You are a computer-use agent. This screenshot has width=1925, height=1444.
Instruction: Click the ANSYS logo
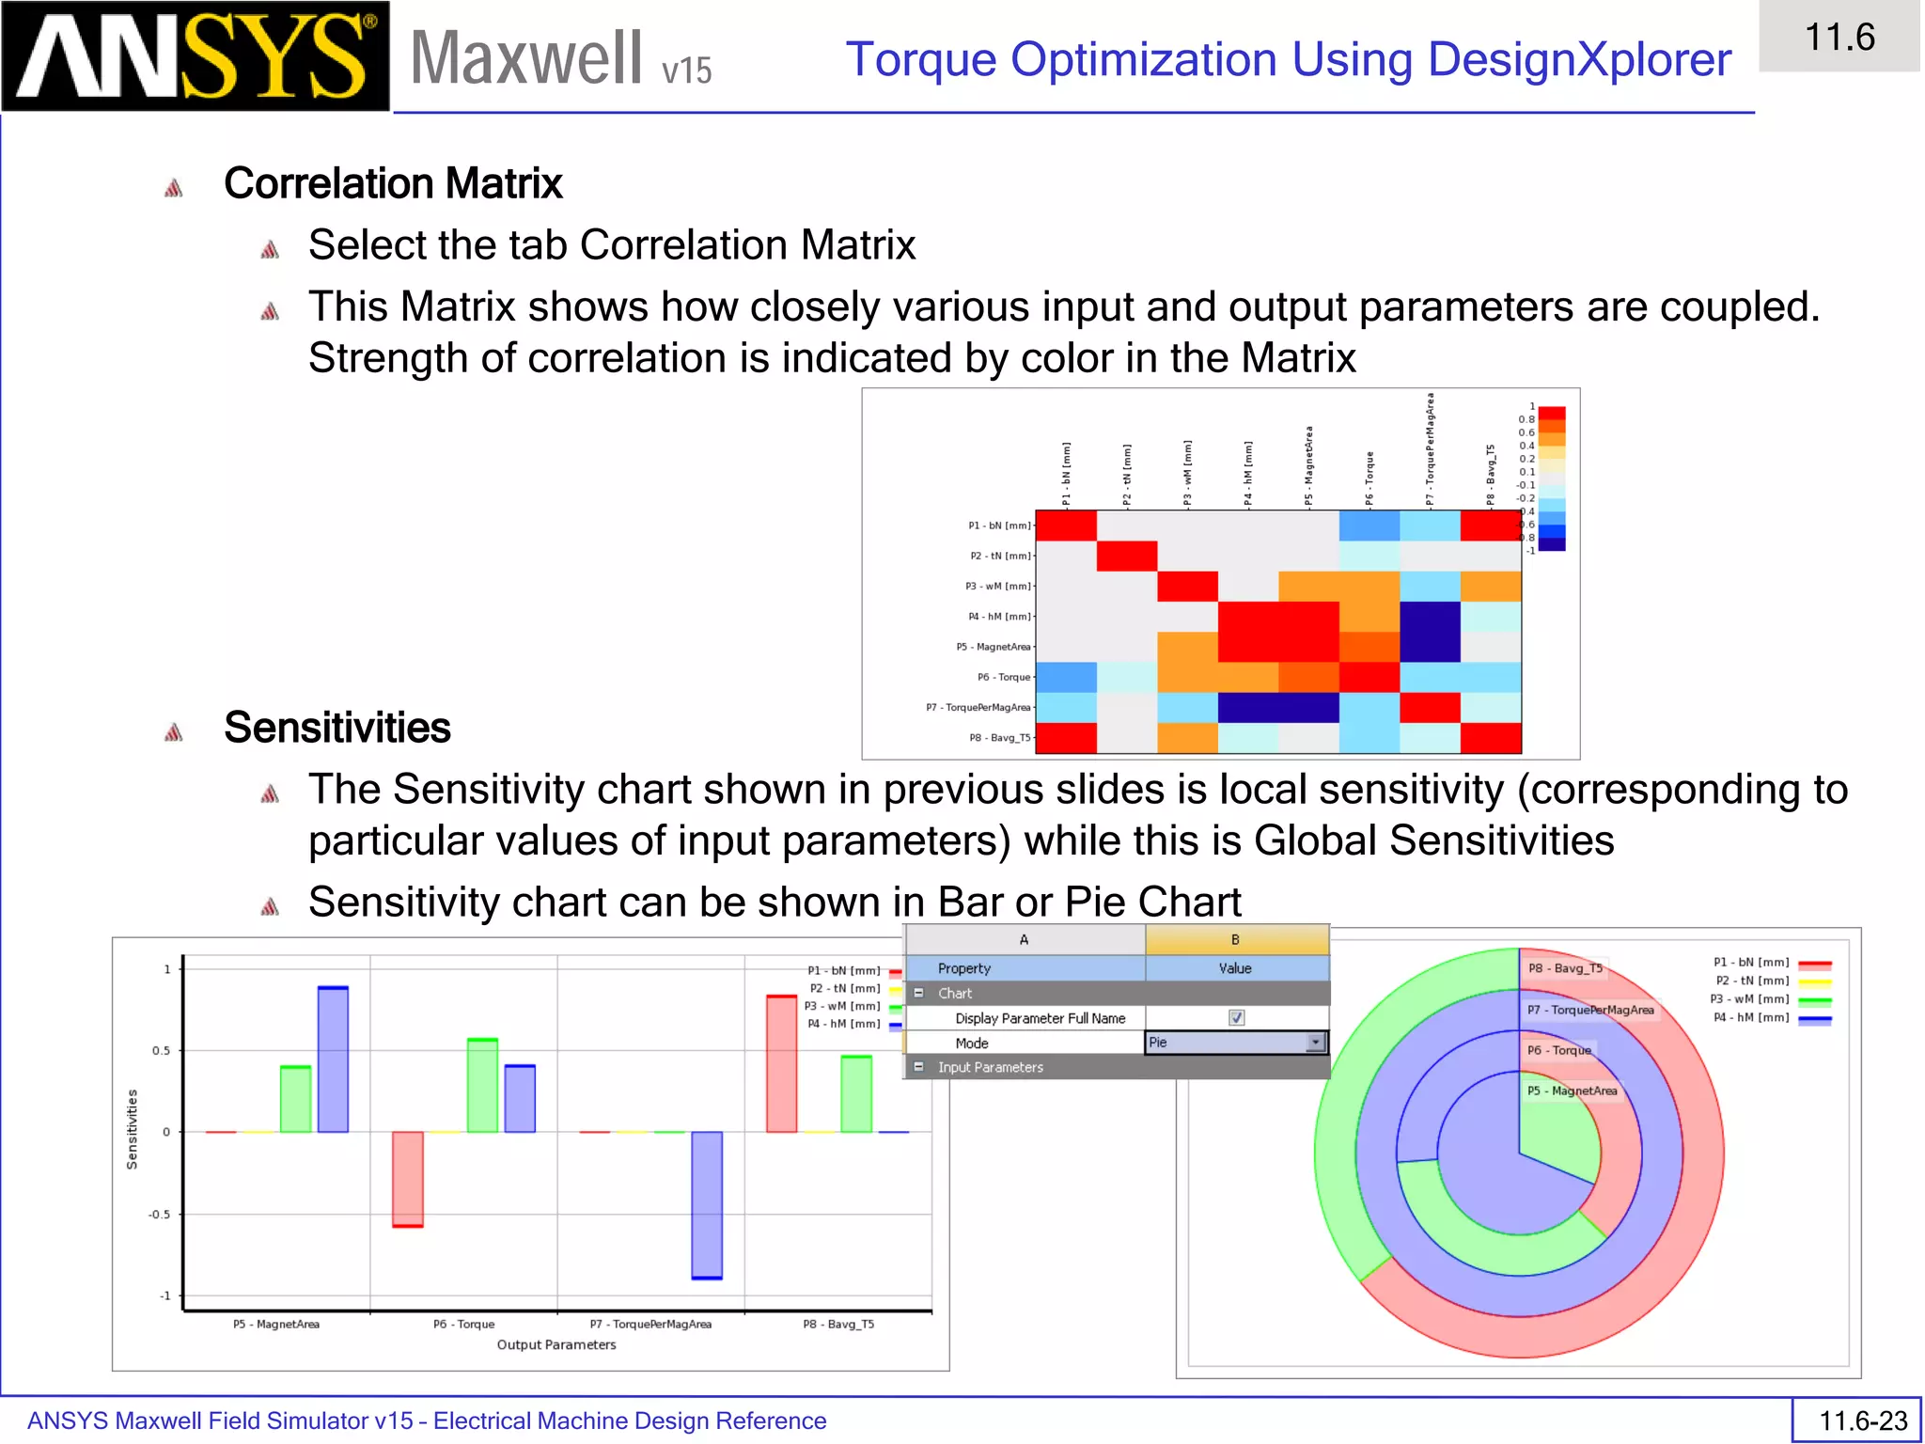tap(195, 56)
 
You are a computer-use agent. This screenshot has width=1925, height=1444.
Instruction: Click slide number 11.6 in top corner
tap(1839, 38)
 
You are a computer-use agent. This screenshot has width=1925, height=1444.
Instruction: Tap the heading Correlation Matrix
tap(393, 183)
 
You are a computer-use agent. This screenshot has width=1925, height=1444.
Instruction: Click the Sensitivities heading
tap(336, 728)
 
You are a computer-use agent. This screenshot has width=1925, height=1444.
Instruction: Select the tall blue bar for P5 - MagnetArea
tap(333, 1059)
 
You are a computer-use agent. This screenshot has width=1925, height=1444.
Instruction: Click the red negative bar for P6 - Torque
tap(407, 1179)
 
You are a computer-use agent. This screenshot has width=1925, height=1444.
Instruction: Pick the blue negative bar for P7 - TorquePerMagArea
tap(707, 1205)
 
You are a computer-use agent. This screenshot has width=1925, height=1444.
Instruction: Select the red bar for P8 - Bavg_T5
tap(781, 1063)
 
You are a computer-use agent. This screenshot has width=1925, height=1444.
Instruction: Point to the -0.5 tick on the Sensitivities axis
tap(160, 1215)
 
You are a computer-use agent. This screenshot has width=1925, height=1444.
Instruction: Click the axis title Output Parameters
tap(556, 1344)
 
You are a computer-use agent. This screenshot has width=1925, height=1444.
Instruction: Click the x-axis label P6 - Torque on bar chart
tap(463, 1324)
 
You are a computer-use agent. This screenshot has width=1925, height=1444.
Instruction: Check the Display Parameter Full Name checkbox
tap(1236, 1018)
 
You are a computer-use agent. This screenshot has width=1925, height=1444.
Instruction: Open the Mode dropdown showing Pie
tap(1316, 1043)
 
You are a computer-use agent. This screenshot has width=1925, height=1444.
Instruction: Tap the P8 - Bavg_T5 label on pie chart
tap(1564, 968)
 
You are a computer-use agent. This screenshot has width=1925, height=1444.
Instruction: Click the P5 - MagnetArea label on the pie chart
tap(1572, 1091)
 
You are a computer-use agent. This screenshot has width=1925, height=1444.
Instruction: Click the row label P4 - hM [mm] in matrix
tap(999, 617)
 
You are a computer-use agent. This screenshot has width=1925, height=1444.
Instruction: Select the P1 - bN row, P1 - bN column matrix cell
tap(1066, 526)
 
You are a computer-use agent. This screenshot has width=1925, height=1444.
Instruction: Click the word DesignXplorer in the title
tap(1579, 60)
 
